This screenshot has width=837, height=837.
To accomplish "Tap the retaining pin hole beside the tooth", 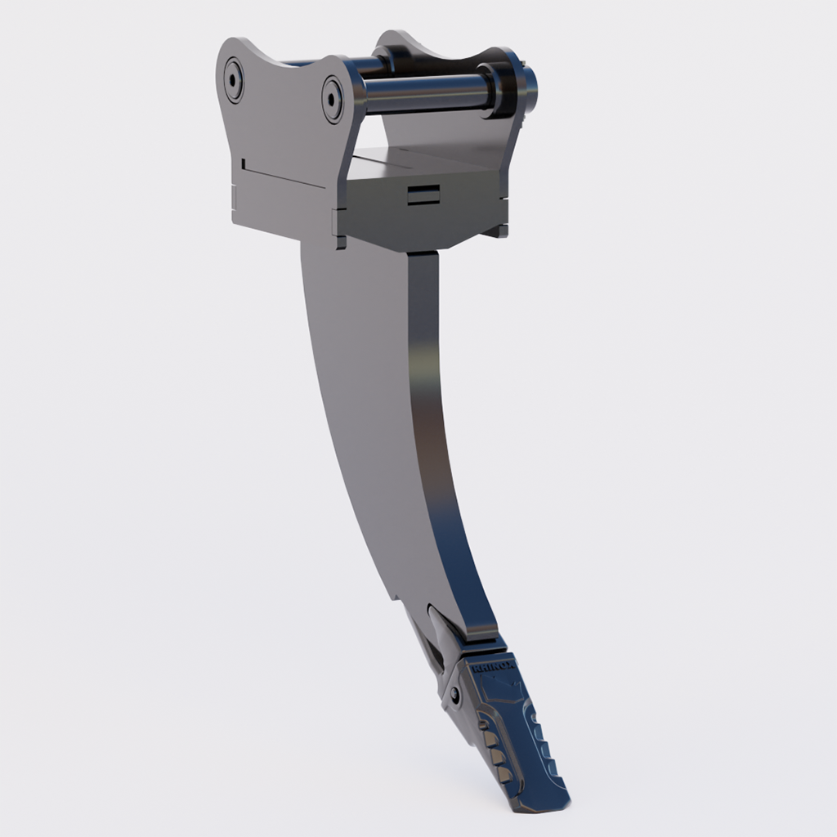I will coord(455,695).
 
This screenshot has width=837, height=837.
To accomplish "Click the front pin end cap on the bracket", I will coord(333,100).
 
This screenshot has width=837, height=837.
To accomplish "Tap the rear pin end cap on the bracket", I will coord(234,79).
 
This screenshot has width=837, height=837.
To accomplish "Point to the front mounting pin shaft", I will coord(425,92).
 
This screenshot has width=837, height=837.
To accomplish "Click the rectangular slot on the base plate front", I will coord(423,195).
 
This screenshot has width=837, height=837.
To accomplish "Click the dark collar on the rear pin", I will coord(401,59).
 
